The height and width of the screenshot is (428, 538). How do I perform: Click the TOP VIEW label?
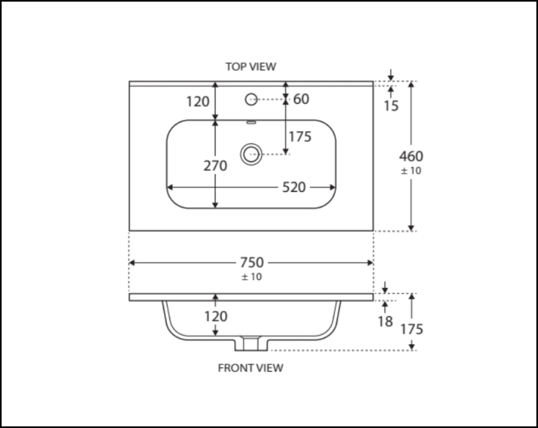point(251,67)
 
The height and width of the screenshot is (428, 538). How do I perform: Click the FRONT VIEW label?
point(250,368)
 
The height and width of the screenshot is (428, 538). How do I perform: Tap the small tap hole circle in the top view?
point(251,99)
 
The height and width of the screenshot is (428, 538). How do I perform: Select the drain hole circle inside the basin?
point(250,154)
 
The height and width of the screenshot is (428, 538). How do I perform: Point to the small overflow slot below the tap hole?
point(250,122)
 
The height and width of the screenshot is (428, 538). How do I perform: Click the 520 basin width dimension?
point(294,187)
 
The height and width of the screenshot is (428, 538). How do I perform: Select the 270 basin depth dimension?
point(215,166)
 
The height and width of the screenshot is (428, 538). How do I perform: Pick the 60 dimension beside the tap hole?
point(301,99)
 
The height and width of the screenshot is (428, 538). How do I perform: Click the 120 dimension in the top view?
point(197,101)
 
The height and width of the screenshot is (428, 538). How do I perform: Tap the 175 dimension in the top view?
point(300,137)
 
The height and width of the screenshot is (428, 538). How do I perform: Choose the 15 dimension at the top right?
point(392,106)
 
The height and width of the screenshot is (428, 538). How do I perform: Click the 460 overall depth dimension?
point(411,156)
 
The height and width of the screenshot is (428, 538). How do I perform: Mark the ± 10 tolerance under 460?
point(411,171)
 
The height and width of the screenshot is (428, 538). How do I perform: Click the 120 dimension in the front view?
point(216,317)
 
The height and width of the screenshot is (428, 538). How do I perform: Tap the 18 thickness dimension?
point(385,321)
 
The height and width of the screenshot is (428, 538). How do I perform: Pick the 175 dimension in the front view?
point(412,329)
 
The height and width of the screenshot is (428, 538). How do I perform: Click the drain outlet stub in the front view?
point(250,344)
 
